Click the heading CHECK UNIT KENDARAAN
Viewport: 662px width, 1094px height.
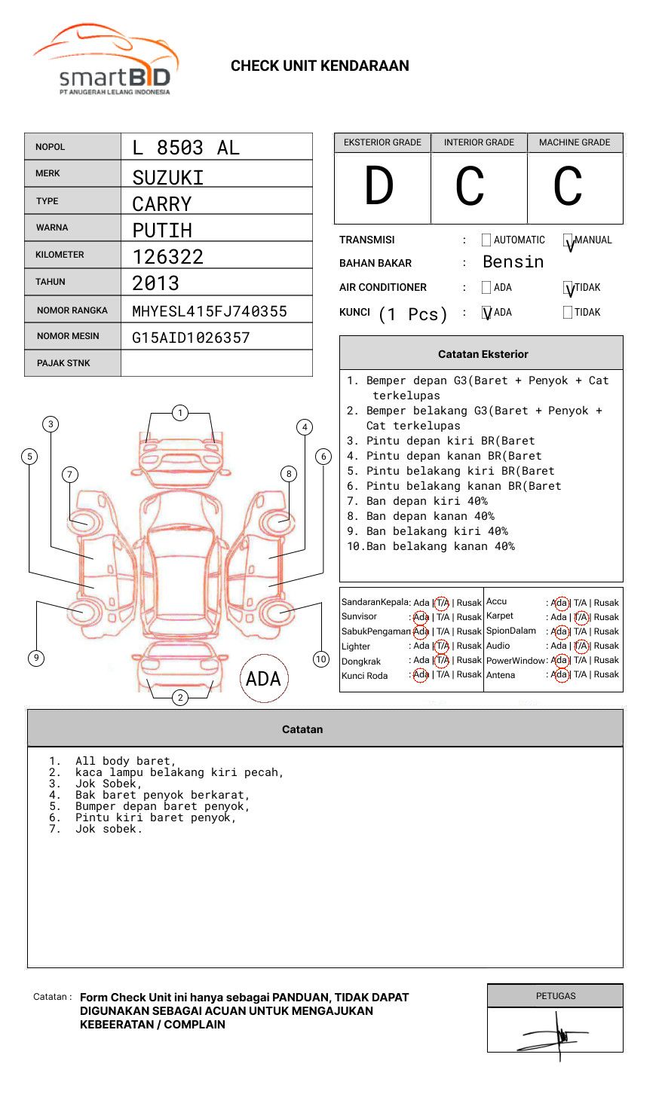[x=320, y=66]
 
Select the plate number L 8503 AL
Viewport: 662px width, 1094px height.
[x=185, y=148]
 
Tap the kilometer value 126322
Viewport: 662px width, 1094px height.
[x=168, y=257]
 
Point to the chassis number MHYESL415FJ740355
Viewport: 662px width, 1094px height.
[x=210, y=311]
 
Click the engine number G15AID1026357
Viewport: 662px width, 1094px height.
[x=191, y=338]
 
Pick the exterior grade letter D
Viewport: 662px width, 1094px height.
[x=379, y=187]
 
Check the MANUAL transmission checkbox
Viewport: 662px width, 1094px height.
[x=569, y=240]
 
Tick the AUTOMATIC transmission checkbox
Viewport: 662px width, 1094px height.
[x=486, y=240]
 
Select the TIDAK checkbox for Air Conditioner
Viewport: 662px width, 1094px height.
[x=569, y=288]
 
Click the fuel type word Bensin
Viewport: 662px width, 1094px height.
[x=513, y=262]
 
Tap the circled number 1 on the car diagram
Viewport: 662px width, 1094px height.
[x=179, y=413]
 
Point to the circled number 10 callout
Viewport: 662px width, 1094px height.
[x=321, y=659]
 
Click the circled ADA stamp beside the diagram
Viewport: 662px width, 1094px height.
[x=264, y=679]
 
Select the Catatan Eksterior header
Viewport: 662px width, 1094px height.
[x=483, y=354]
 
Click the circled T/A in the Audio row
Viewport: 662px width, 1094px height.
[x=581, y=646]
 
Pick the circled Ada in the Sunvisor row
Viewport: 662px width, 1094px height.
[x=421, y=617]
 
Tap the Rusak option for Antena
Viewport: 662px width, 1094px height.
[x=606, y=674]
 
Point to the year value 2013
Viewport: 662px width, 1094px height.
[x=155, y=283]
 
